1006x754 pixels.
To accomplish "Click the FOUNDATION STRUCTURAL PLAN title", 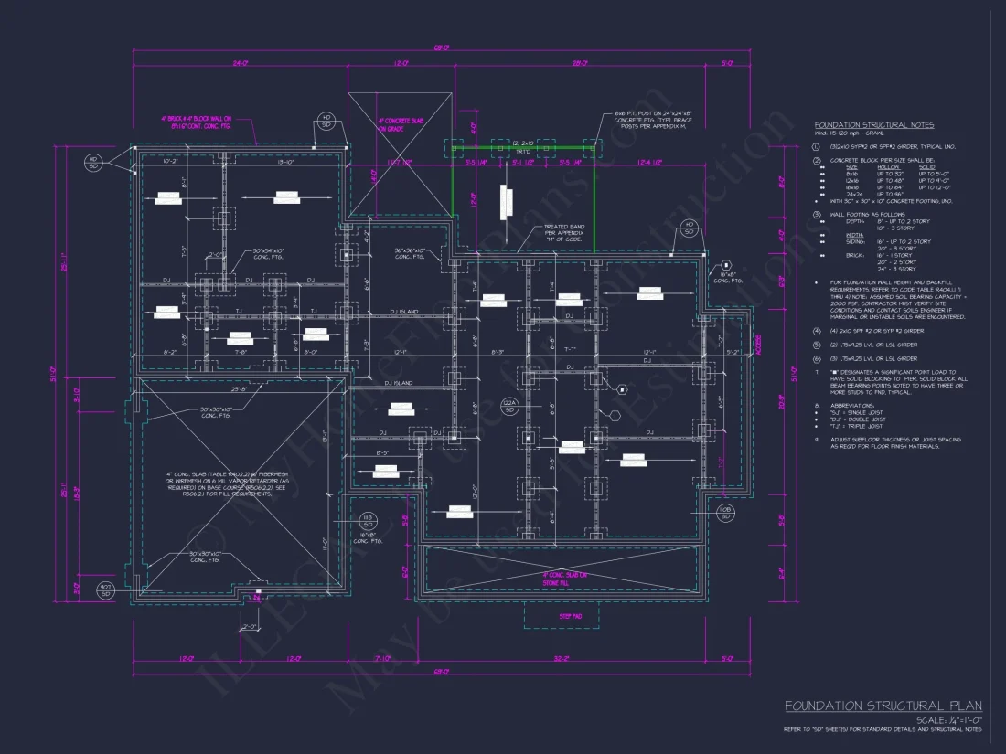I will click(x=883, y=706).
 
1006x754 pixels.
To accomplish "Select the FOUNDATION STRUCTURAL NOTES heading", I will click(x=874, y=125).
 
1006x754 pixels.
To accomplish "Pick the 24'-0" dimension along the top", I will click(x=241, y=64).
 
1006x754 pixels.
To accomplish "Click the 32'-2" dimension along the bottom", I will click(x=562, y=659).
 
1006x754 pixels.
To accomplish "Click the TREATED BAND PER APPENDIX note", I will click(x=565, y=234).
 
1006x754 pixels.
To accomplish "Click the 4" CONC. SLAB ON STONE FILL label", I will click(x=562, y=578).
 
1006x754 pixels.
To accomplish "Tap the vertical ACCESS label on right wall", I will click(x=758, y=345).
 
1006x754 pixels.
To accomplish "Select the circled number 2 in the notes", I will click(x=819, y=160).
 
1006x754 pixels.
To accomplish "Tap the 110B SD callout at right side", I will click(x=725, y=513).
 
